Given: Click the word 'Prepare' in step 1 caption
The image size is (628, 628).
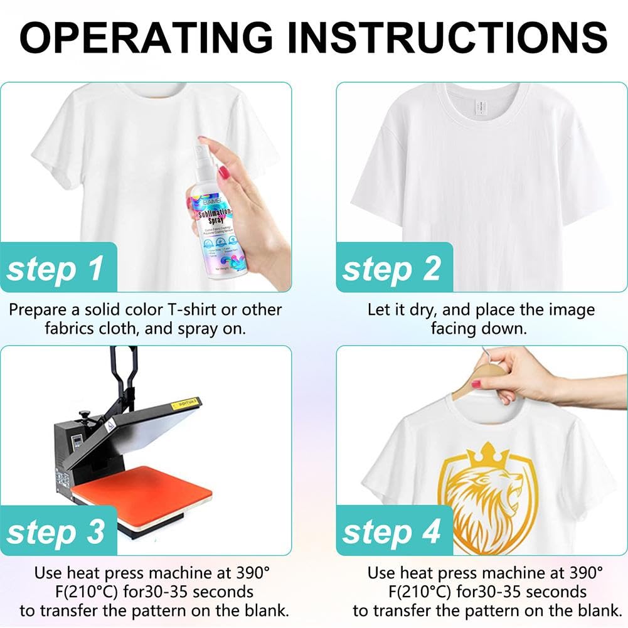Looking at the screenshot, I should click(x=37, y=309).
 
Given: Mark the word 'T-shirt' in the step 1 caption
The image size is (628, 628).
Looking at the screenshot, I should click(x=188, y=309).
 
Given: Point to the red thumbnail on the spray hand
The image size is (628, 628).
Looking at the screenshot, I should click(x=223, y=171).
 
